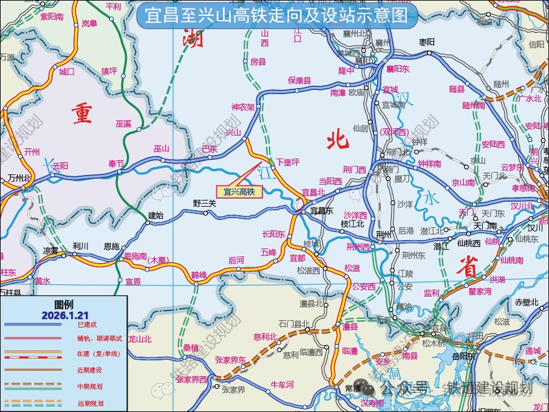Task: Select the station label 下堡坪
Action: pyautogui.click(x=288, y=162)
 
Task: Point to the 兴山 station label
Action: pyautogui.click(x=233, y=132)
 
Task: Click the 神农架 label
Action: pyautogui.click(x=243, y=107)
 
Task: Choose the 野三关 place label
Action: pyautogui.click(x=205, y=204)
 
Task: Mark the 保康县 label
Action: pyautogui.click(x=299, y=80)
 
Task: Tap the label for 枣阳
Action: pyautogui.click(x=428, y=42)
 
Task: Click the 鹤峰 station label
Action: pyautogui.click(x=199, y=275)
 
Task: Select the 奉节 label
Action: pyautogui.click(x=116, y=163)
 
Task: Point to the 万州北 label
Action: pyautogui.click(x=19, y=178)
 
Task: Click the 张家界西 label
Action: pyautogui.click(x=191, y=379)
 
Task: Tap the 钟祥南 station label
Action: pyautogui.click(x=430, y=164)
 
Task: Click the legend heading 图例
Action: pyautogui.click(x=64, y=304)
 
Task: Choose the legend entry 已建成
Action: pyautogui.click(x=87, y=325)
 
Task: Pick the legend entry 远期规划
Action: pyautogui.click(x=90, y=403)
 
